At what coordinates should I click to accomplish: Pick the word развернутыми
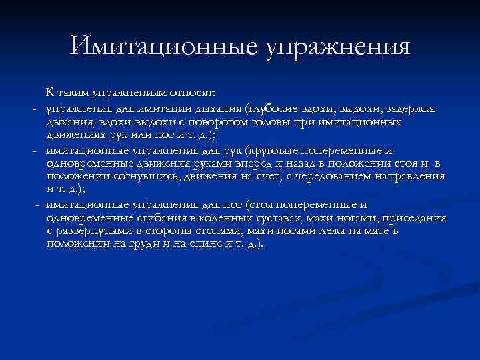coord(97,231)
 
